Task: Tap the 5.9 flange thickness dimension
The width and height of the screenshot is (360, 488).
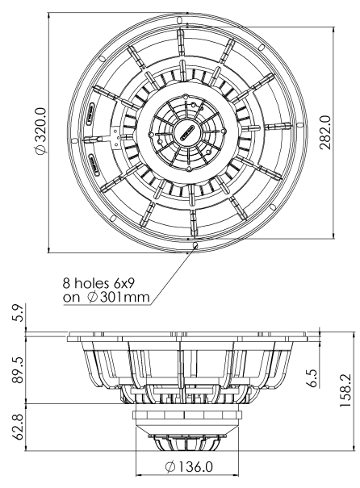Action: click(x=29, y=311)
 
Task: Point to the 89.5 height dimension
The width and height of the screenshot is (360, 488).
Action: click(x=29, y=365)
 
